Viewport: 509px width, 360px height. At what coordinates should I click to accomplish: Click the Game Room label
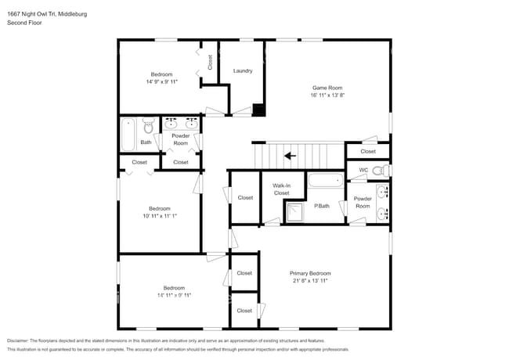327,88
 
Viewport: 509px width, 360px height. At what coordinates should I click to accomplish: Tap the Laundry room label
243,70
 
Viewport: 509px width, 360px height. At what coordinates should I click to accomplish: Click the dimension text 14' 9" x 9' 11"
161,81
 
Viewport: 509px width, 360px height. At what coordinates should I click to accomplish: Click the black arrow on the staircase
290,155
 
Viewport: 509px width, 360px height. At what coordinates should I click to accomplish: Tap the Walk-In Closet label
282,189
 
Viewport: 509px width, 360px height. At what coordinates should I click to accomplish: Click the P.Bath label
321,206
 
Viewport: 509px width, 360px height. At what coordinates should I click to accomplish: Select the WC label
363,170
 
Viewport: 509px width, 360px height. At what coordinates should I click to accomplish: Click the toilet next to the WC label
377,170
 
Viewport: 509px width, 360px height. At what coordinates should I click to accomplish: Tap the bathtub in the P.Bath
325,181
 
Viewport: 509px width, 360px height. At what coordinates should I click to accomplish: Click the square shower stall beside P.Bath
294,211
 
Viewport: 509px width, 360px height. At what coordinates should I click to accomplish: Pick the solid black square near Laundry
259,110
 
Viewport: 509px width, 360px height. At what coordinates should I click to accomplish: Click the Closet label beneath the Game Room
368,151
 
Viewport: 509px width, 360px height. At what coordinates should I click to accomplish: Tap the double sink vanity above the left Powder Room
181,123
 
